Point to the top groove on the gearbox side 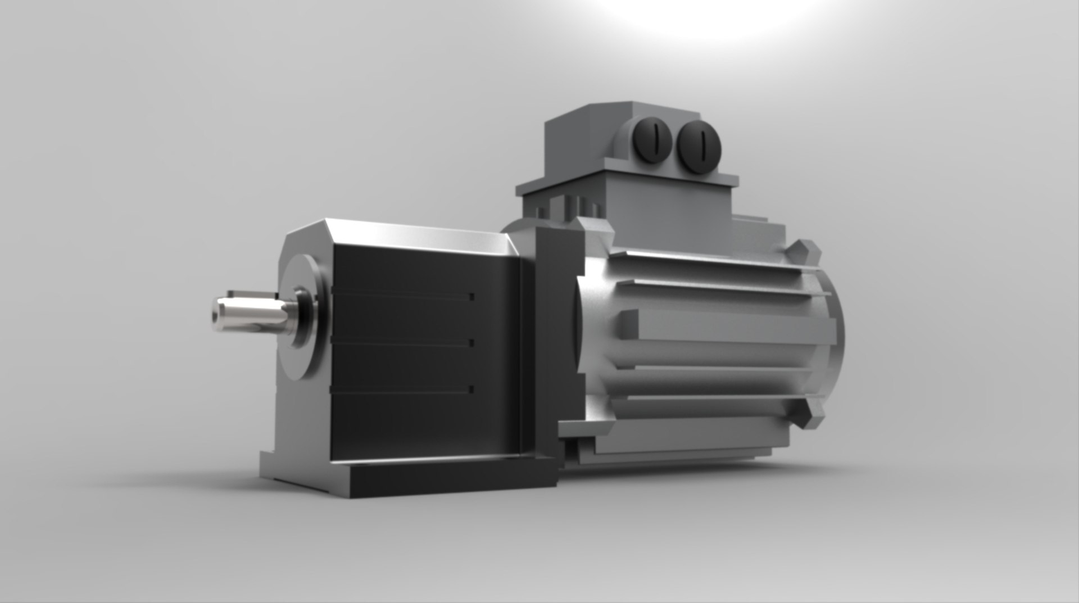point(402,293)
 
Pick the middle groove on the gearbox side point(402,341)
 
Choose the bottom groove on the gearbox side point(402,389)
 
